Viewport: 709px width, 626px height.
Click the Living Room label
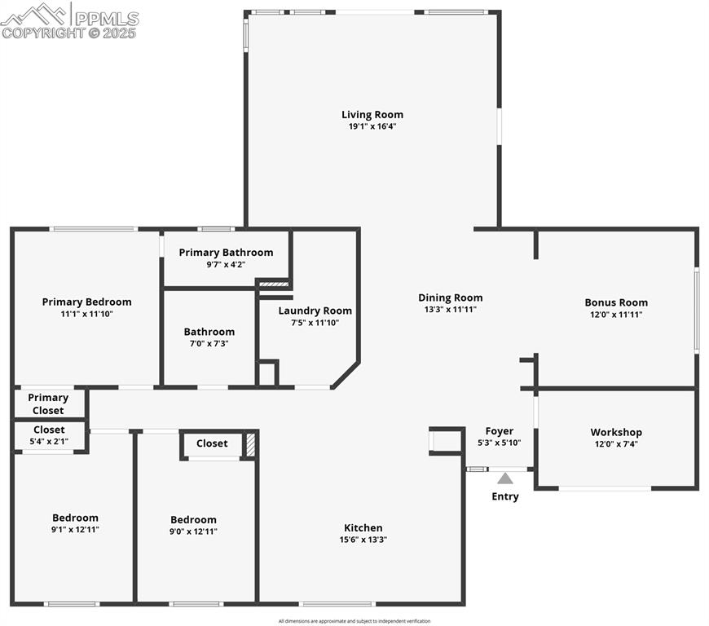tap(372, 115)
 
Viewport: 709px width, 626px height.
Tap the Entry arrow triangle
tap(505, 478)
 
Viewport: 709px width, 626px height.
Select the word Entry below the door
tap(505, 496)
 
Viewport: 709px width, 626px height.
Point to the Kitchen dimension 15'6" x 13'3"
tap(363, 540)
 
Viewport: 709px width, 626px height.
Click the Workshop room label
tap(616, 432)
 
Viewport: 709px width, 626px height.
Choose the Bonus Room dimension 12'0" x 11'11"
tap(616, 314)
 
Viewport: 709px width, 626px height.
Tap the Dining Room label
tap(450, 298)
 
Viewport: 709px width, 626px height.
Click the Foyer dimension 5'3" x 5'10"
tap(499, 443)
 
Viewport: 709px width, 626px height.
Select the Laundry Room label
tap(315, 311)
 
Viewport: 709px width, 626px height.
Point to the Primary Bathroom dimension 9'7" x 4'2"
tap(226, 264)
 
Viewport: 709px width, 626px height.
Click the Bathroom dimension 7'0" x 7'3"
tap(209, 343)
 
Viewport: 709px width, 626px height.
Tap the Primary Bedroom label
tap(86, 302)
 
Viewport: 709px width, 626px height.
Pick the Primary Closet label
tap(48, 403)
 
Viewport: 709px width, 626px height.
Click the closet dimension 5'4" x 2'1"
tap(49, 441)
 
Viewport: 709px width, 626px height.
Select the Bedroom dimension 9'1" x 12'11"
tap(75, 529)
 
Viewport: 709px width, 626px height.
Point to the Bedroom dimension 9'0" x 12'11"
tap(193, 531)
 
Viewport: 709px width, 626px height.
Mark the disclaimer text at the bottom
tap(354, 621)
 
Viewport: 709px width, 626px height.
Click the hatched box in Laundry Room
tap(273, 284)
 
